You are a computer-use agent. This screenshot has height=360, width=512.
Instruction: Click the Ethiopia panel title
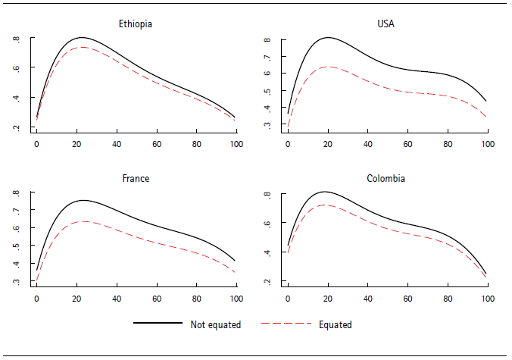(136, 23)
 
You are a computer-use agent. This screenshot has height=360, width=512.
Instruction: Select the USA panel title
(387, 23)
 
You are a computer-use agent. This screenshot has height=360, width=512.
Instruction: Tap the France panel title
(136, 179)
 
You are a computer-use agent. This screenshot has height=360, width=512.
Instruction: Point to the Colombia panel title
(387, 179)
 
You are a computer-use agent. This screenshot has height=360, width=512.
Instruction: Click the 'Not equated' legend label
(215, 324)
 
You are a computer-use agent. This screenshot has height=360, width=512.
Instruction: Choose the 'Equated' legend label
(336, 324)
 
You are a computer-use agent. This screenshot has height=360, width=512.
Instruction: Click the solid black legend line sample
(158, 324)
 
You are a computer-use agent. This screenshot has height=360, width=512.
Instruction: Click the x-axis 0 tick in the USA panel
(288, 143)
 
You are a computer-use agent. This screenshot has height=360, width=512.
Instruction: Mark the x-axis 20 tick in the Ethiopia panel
(76, 143)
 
